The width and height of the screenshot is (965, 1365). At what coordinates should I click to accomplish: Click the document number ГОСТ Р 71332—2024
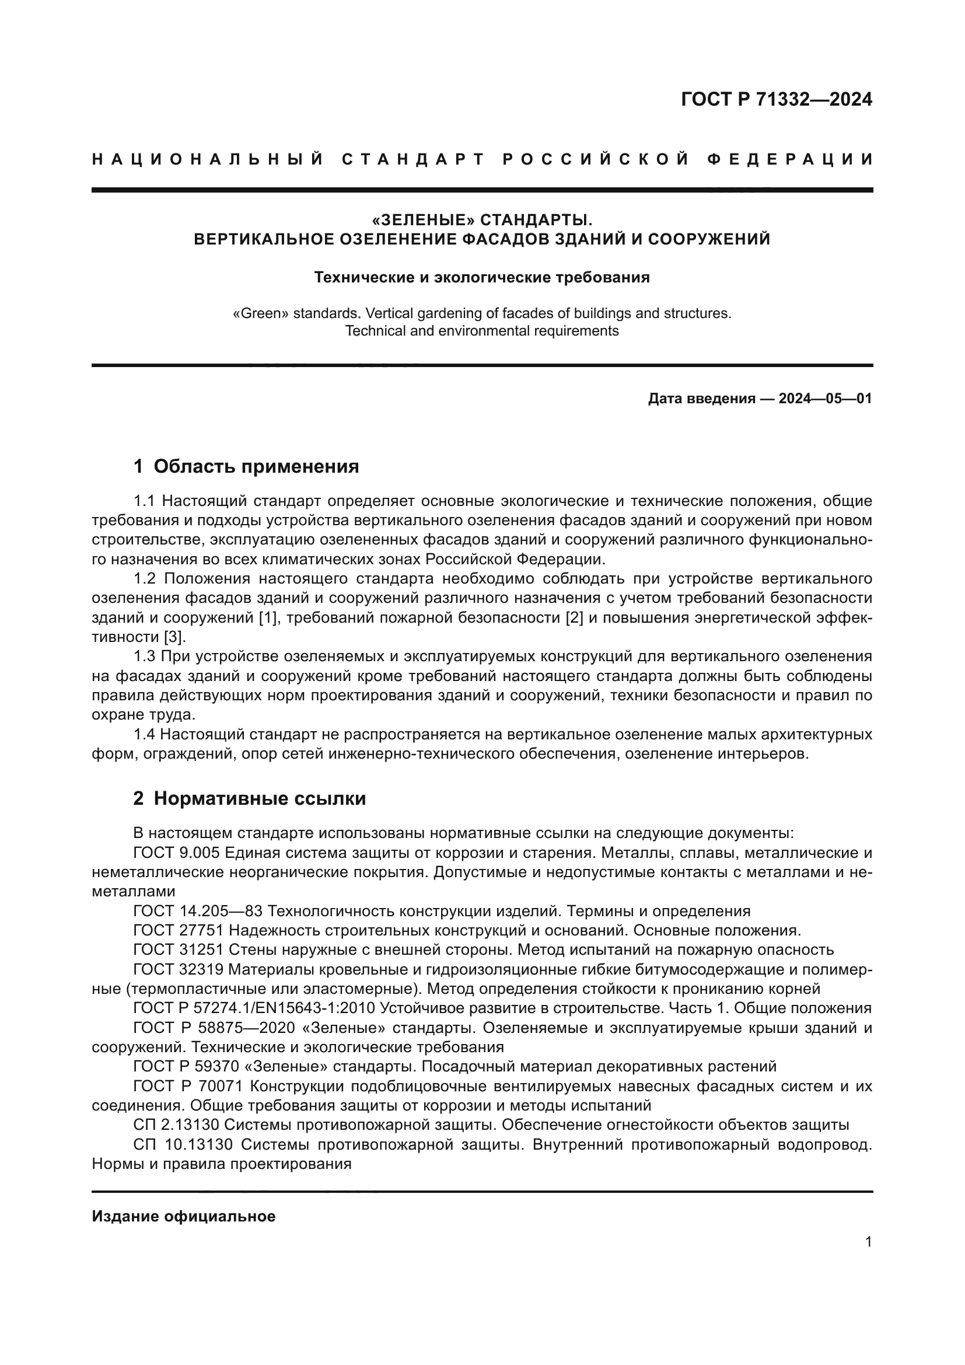[x=776, y=99]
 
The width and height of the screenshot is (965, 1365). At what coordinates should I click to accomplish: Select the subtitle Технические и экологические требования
[x=482, y=277]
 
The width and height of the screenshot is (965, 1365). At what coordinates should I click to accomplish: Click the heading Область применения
[x=256, y=466]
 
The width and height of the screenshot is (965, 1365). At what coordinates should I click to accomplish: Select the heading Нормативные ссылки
[x=260, y=798]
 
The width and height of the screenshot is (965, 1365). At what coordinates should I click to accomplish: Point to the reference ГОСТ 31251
[x=179, y=950]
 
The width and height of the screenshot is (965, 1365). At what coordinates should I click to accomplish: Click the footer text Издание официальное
[x=184, y=1216]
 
